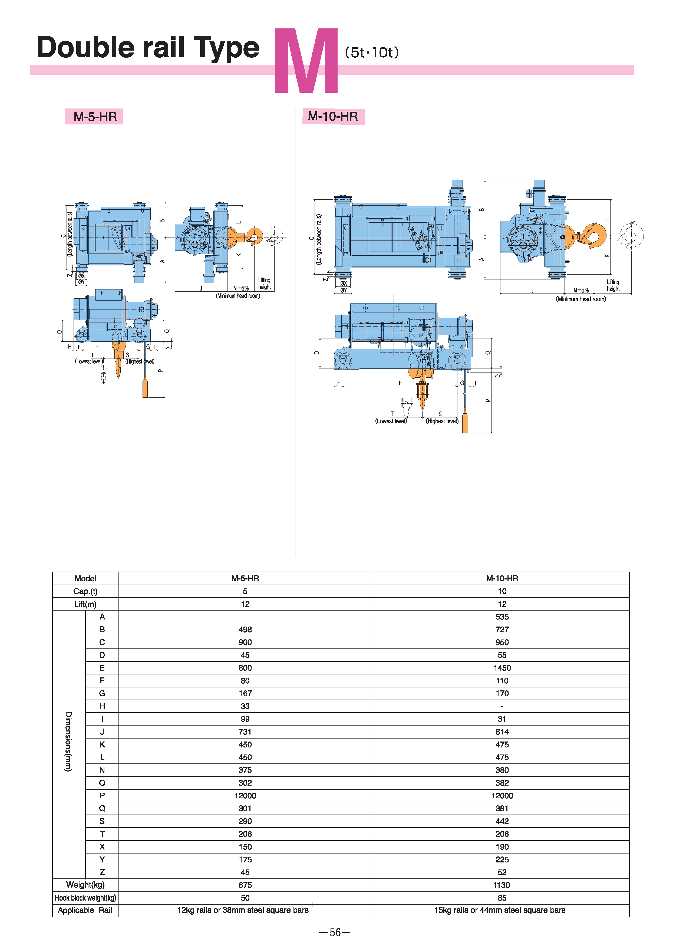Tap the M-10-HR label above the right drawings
click(333, 116)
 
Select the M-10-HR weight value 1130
click(502, 885)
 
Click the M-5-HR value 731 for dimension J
click(245, 732)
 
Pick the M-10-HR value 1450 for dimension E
click(502, 668)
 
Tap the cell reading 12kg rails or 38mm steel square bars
click(243, 910)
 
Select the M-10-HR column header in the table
click(502, 578)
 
